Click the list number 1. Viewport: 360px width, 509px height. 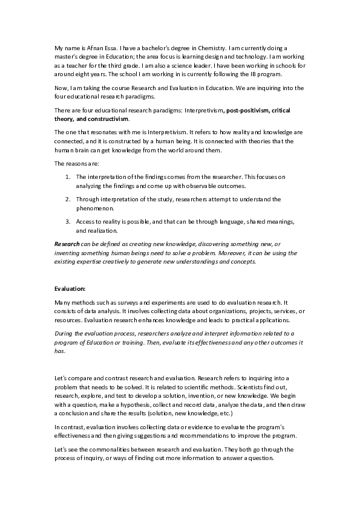click(68, 177)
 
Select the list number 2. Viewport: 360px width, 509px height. click(68, 199)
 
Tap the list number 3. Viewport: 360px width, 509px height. click(68, 221)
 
